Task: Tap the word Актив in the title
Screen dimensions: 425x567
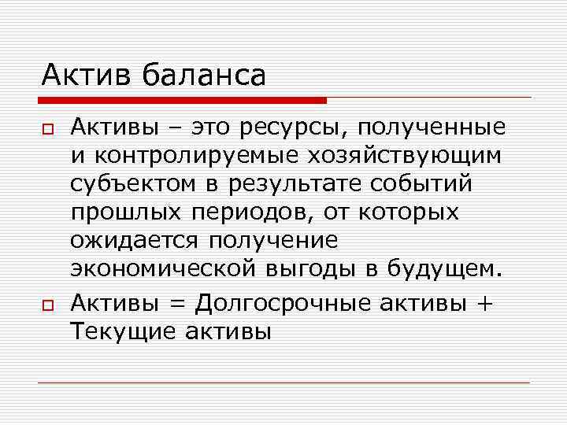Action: coord(88,76)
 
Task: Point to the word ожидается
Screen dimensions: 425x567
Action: coord(139,240)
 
